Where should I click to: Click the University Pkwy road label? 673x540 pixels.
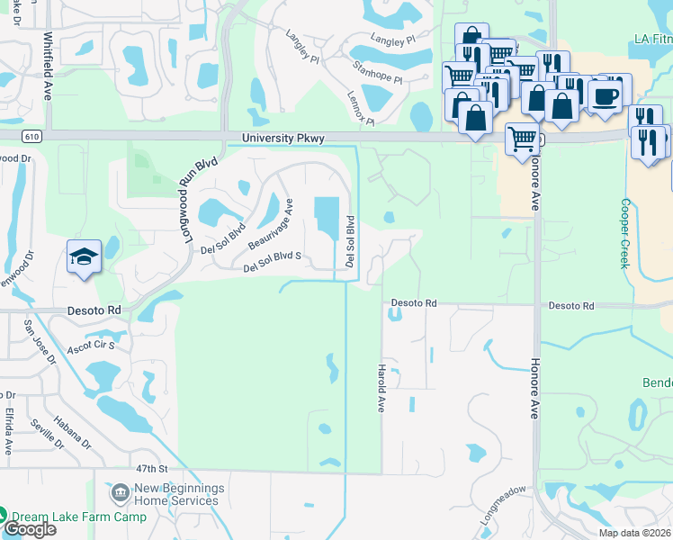283,138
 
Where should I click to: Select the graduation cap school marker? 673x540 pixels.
84,256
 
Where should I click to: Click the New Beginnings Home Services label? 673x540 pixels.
179,494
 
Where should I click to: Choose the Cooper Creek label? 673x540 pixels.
624,233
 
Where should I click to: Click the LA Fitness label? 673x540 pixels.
652,39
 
